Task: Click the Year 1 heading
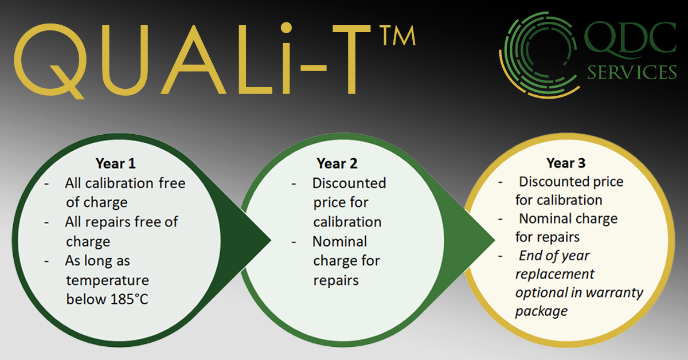tap(115, 163)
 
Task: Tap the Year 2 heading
tap(337, 163)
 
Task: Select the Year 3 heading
tap(566, 163)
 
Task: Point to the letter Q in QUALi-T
tap(50, 61)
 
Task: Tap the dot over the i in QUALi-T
tap(286, 28)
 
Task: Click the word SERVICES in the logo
tap(632, 72)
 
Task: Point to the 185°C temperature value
tap(129, 299)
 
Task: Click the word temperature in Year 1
tap(108, 280)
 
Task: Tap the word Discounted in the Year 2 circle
tap(349, 183)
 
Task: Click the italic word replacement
tap(555, 274)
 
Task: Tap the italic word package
tap(541, 311)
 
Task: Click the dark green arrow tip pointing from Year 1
tap(269, 240)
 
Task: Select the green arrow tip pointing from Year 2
tap(494, 240)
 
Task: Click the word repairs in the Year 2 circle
tap(336, 280)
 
